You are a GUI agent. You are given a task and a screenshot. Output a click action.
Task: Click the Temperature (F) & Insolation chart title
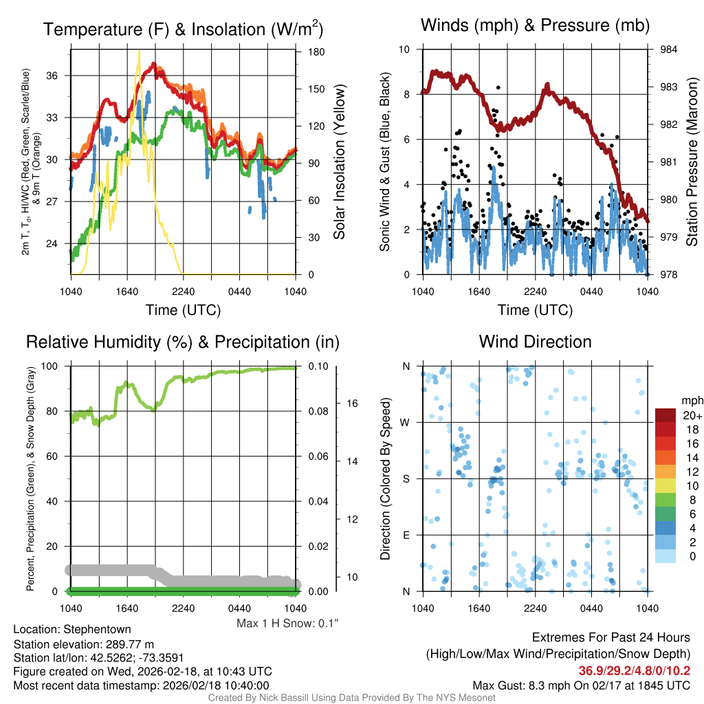click(x=183, y=30)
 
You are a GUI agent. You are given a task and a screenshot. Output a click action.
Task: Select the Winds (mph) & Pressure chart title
click(x=535, y=26)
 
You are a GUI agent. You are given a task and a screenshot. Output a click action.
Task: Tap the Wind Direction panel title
click(x=535, y=342)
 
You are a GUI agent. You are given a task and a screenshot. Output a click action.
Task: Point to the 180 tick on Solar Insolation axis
click(x=317, y=52)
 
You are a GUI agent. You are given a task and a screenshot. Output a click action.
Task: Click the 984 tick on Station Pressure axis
click(x=668, y=49)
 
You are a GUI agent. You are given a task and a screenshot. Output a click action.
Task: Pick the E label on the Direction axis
click(x=406, y=535)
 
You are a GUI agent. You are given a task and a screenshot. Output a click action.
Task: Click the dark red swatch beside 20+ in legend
click(x=665, y=415)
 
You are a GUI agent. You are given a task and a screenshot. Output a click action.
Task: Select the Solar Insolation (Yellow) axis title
click(x=339, y=162)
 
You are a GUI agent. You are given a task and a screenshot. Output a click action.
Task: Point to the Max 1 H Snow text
click(x=287, y=623)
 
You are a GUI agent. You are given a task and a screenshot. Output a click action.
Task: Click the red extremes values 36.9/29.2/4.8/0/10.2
click(x=634, y=671)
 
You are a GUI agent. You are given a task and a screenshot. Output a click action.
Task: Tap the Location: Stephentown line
click(x=72, y=629)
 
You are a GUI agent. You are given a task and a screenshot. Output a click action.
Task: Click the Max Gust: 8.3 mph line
click(x=582, y=685)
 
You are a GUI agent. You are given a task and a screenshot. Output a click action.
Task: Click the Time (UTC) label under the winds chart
click(x=535, y=310)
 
